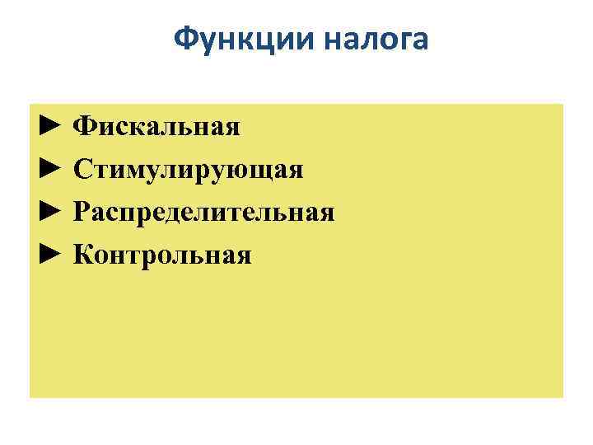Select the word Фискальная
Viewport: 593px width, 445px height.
coord(156,126)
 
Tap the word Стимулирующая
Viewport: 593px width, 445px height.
coord(189,170)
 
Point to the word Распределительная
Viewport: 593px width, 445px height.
coord(203,213)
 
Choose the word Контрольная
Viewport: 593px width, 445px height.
coord(162,255)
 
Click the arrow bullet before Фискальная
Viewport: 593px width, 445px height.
coord(50,126)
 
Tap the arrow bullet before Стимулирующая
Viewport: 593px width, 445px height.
coord(50,169)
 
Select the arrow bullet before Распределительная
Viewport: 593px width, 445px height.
coord(50,213)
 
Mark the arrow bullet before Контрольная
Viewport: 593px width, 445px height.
coord(50,255)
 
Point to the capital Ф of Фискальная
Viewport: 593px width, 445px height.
coord(83,126)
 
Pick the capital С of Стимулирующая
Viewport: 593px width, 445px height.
coord(82,170)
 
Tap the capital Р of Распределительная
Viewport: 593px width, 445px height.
coord(82,213)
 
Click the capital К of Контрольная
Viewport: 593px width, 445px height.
coord(83,255)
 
